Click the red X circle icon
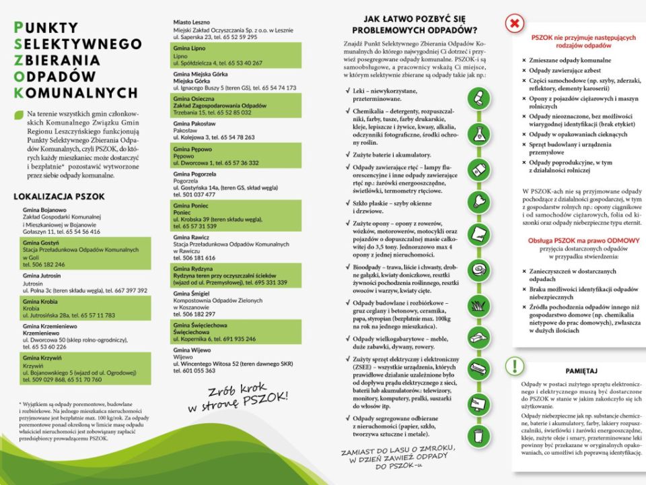click(515, 24)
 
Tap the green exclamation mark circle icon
click(515, 366)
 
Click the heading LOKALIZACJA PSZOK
click(59, 197)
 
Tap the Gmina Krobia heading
click(38, 301)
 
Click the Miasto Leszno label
click(192, 22)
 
